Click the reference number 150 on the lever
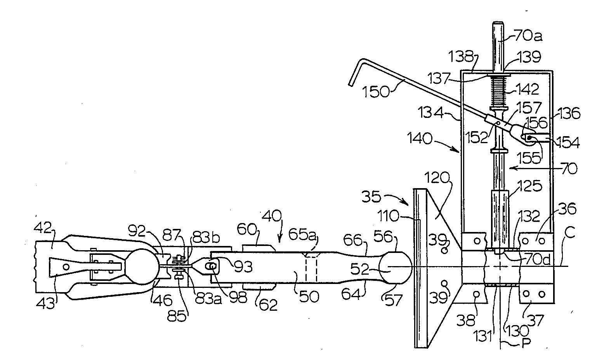376,92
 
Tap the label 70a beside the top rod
528,35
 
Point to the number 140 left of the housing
420,138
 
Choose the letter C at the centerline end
570,233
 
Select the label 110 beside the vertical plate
388,216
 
